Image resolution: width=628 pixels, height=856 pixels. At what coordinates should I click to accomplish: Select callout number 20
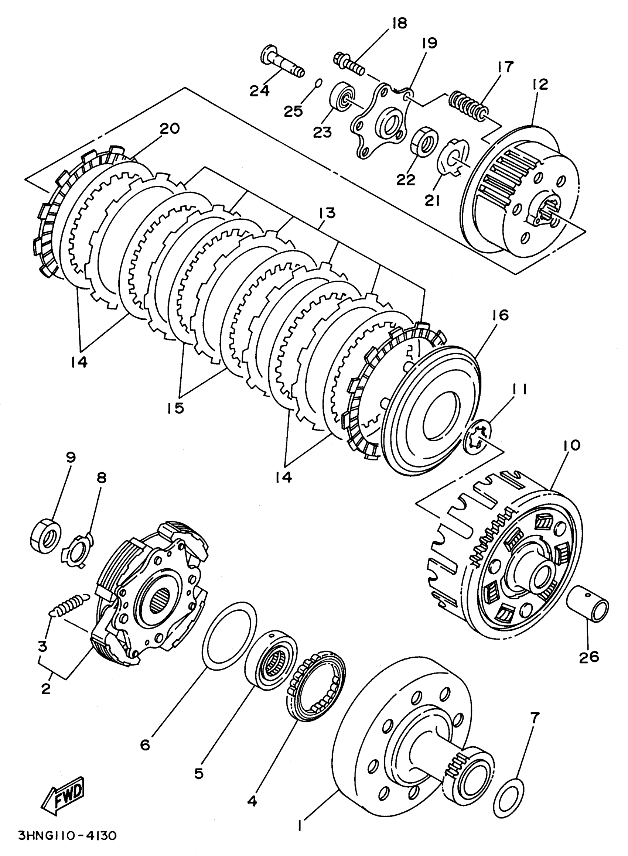(169, 129)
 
